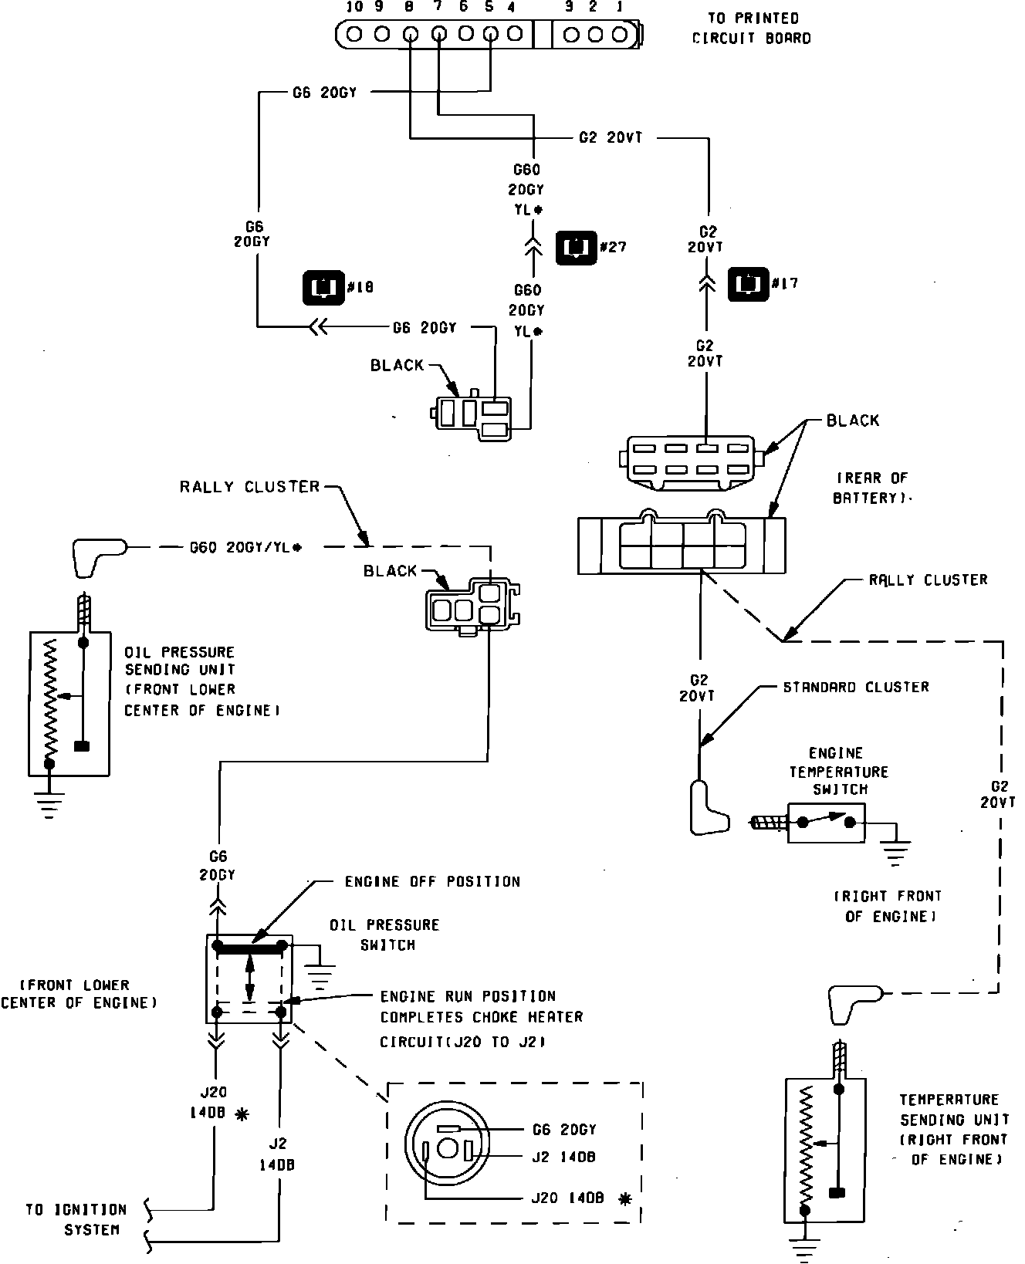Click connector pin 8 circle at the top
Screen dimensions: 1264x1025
coord(410,34)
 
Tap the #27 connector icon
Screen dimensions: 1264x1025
coord(576,247)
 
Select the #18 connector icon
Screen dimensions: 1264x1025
coord(323,287)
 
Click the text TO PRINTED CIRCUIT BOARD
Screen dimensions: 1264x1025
coord(752,28)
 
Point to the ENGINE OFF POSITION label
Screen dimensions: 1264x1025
coord(432,881)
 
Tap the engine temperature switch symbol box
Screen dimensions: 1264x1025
coord(826,823)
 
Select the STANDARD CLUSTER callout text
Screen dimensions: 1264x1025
coord(856,687)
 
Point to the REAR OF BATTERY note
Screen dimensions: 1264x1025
coord(871,488)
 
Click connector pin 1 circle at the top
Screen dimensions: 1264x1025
coord(619,34)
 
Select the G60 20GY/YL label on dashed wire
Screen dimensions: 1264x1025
coord(245,547)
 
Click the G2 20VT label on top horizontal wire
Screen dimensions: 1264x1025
coord(611,138)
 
